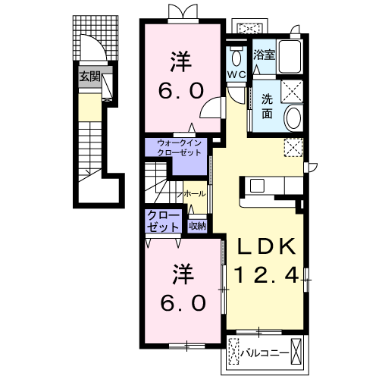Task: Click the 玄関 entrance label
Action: coord(90,77)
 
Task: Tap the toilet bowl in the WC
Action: coord(236,58)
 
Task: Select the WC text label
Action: coord(236,74)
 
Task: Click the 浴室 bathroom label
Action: coord(264,55)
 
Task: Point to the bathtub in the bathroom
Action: coord(290,57)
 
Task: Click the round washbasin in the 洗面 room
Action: coord(294,118)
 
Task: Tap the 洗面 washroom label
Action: coord(267,106)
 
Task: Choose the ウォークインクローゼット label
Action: coord(179,148)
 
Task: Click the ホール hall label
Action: coord(195,194)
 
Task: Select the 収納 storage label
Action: coord(198,226)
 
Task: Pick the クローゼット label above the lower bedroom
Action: coord(163,221)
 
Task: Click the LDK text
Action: coord(265,246)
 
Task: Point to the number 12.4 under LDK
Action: coord(266,275)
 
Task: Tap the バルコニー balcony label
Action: coord(265,352)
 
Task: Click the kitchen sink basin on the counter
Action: coord(257,186)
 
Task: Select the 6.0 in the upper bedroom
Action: coord(181,91)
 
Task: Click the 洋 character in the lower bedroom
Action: coord(183,274)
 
